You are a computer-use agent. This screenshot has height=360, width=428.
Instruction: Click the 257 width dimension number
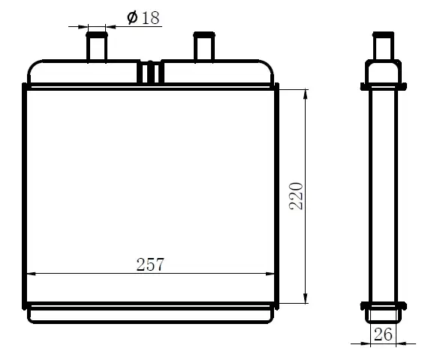(x=150, y=264)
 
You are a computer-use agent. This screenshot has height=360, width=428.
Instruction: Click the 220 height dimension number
(x=296, y=196)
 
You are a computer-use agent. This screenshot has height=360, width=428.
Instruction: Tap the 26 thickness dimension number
(x=383, y=334)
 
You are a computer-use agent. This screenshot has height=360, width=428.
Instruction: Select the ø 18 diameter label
(x=143, y=18)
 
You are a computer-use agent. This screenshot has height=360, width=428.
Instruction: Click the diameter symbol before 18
(x=132, y=18)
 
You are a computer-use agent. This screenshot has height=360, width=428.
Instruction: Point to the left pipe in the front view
(x=97, y=46)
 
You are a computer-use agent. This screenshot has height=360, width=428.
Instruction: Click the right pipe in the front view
(x=204, y=46)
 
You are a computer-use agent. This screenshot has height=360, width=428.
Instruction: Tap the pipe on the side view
(x=383, y=46)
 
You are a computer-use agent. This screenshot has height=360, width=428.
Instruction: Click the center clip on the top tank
(x=150, y=72)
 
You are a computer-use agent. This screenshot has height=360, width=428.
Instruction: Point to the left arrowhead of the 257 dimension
(x=31, y=273)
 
